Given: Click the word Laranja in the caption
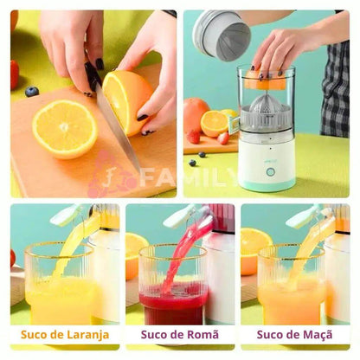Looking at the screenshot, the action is (x=88, y=335).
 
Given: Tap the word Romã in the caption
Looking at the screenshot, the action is (x=202, y=335).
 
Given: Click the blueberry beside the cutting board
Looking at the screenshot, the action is (x=32, y=92).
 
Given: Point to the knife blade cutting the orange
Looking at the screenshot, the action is (x=117, y=126).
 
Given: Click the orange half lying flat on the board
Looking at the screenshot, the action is (x=65, y=129).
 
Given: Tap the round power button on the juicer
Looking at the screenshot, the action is (x=270, y=172).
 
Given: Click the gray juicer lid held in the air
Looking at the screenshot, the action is (x=222, y=35).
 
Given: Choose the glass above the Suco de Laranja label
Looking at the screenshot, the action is (x=60, y=284).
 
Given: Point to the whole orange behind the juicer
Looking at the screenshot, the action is (x=195, y=115).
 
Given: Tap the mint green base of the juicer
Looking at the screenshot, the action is (x=267, y=185).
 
